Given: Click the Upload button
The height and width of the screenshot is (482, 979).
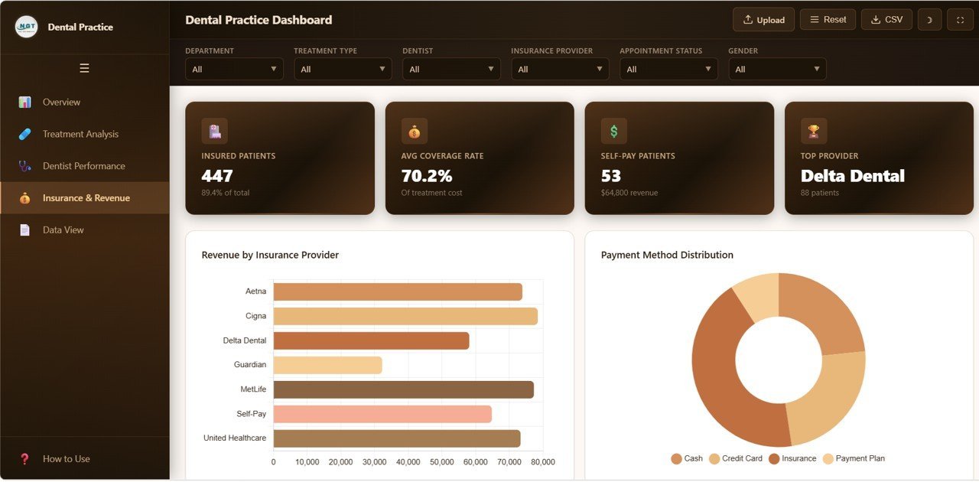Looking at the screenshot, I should pyautogui.click(x=763, y=20).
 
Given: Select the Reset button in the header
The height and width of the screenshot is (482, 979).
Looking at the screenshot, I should pyautogui.click(x=828, y=20).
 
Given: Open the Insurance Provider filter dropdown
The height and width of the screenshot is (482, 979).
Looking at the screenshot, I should pyautogui.click(x=560, y=69).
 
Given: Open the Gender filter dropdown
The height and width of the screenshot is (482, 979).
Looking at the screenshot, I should pyautogui.click(x=777, y=69).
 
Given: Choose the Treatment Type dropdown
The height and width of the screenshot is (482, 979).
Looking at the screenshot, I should pyautogui.click(x=343, y=69).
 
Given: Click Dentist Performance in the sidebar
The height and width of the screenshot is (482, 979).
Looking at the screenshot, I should pyautogui.click(x=83, y=166).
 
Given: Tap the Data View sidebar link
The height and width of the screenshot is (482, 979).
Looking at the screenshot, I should pyautogui.click(x=63, y=230).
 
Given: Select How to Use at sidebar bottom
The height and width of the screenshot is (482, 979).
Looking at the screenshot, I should pyautogui.click(x=66, y=459).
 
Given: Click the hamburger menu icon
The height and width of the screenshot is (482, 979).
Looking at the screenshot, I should pyautogui.click(x=84, y=68).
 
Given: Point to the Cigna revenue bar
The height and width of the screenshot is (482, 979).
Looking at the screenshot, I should pyautogui.click(x=405, y=316).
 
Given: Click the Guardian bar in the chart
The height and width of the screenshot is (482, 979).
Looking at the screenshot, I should pyautogui.click(x=327, y=365).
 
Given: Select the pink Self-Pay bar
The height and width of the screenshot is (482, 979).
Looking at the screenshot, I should pyautogui.click(x=382, y=414).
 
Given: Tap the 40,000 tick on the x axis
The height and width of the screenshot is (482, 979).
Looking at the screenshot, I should pyautogui.click(x=408, y=462).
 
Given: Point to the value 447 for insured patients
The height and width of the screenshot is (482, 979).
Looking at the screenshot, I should pyautogui.click(x=217, y=176).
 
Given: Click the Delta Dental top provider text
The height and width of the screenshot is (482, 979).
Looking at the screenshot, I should pyautogui.click(x=852, y=176).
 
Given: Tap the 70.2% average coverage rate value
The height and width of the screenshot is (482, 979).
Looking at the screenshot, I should pyautogui.click(x=427, y=176).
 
